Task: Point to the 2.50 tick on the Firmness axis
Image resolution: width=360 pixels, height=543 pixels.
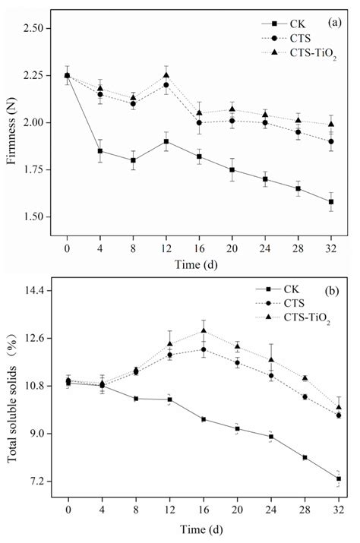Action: tap(38, 28)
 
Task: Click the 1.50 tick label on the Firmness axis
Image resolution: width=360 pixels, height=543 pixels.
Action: tap(38, 217)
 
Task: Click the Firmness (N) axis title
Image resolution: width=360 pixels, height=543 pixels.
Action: tap(11, 122)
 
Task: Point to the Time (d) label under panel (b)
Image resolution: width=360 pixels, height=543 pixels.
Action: tap(202, 526)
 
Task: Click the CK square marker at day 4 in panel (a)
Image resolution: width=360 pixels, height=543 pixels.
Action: tap(100, 151)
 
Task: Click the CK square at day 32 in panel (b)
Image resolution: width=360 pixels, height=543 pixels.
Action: tap(338, 478)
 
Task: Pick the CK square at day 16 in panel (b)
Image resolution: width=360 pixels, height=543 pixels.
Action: tap(204, 419)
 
